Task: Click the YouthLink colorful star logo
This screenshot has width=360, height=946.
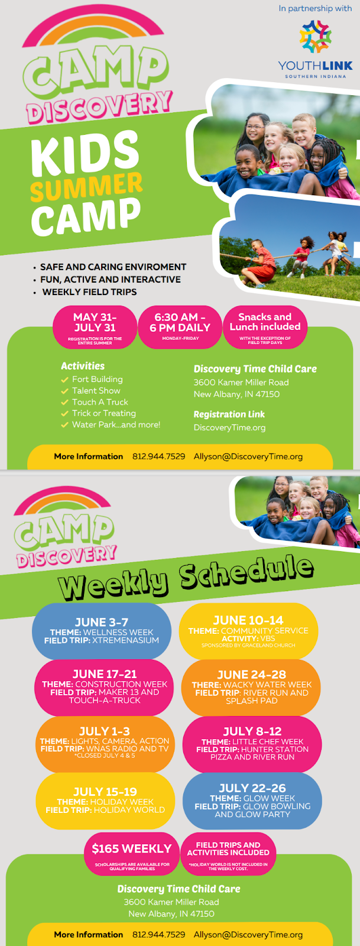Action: tap(315, 37)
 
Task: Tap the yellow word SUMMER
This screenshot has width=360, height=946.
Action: tap(86, 186)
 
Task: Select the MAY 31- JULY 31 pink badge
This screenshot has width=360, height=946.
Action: tap(95, 328)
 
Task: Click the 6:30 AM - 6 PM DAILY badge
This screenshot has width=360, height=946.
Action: tap(180, 328)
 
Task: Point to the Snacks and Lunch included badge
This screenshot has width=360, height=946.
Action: tap(265, 328)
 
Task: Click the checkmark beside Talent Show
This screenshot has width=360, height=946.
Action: tap(64, 391)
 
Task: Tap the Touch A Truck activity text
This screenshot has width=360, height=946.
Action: tap(100, 402)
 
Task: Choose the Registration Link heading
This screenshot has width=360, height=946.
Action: tap(229, 414)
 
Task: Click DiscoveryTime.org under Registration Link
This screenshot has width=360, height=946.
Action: tap(229, 427)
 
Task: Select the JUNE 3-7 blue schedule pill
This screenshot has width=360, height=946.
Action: tap(102, 631)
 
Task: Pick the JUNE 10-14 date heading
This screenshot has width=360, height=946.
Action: tap(248, 620)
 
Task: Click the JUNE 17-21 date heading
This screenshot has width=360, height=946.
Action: tap(105, 673)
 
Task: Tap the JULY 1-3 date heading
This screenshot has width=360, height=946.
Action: tap(105, 731)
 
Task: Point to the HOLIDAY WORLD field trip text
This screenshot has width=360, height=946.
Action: tap(129, 809)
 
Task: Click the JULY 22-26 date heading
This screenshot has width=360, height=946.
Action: tap(252, 788)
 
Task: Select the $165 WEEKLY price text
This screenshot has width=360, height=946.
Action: tap(132, 848)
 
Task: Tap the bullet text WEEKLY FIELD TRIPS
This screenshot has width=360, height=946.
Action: tap(89, 292)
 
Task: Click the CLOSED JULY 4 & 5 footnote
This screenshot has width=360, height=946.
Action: tap(105, 756)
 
